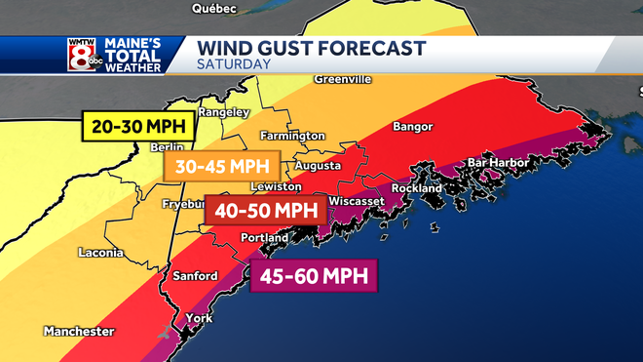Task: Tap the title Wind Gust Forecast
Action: click(x=311, y=48)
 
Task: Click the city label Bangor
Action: click(x=411, y=127)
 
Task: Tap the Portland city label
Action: click(x=264, y=237)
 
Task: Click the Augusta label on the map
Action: click(x=317, y=166)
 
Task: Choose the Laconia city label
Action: click(x=101, y=253)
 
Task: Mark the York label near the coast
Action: click(x=198, y=318)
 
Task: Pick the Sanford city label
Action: click(x=195, y=276)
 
